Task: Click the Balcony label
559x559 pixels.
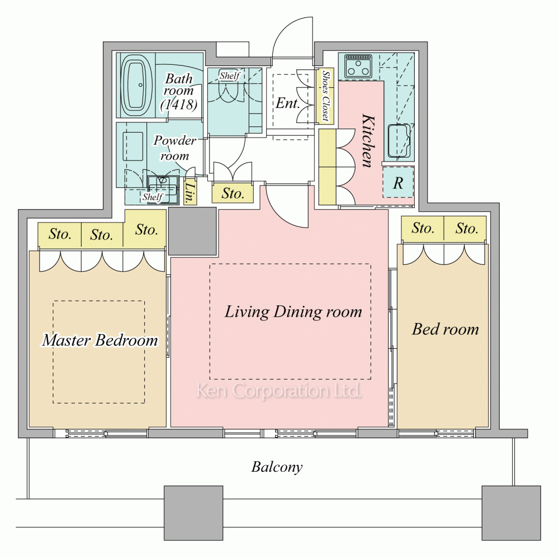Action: pyautogui.click(x=277, y=467)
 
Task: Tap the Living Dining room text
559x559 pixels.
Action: pyautogui.click(x=293, y=311)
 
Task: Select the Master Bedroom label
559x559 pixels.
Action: pyautogui.click(x=100, y=340)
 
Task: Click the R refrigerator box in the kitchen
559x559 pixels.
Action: pyautogui.click(x=398, y=182)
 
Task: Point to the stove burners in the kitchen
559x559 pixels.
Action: pyautogui.click(x=358, y=67)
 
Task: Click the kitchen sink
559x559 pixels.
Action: pyautogui.click(x=399, y=141)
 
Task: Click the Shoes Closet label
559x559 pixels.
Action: pyautogui.click(x=325, y=96)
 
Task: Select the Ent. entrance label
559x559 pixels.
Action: pyautogui.click(x=287, y=103)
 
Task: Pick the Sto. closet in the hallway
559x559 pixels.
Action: pyautogui.click(x=233, y=193)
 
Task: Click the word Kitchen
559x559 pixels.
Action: pyautogui.click(x=368, y=140)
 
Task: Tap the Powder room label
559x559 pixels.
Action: pyautogui.click(x=174, y=148)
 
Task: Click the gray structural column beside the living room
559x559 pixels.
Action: pyautogui.click(x=192, y=231)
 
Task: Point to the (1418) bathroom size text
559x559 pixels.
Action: pyautogui.click(x=179, y=104)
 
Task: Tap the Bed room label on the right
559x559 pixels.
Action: pyautogui.click(x=446, y=329)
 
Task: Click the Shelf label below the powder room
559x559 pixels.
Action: pyautogui.click(x=153, y=197)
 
